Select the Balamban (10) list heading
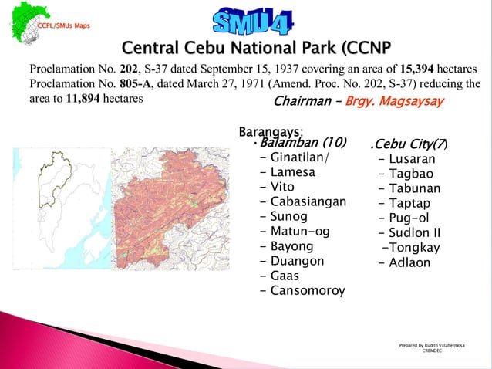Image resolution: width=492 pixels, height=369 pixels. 302,143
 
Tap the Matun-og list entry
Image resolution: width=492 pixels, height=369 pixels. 300,231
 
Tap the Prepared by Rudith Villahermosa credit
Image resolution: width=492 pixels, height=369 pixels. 432,345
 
